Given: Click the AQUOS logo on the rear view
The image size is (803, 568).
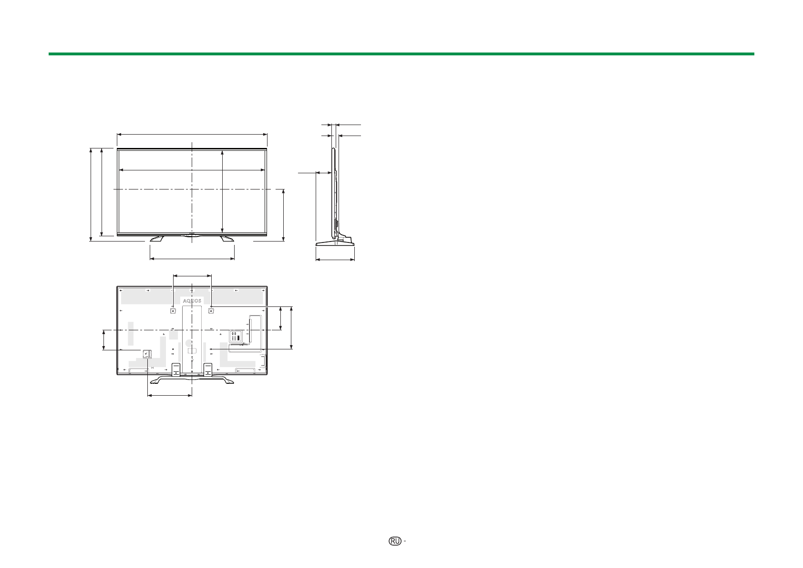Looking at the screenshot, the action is tap(192, 301).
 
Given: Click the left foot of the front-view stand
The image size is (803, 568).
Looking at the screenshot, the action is tap(157, 238).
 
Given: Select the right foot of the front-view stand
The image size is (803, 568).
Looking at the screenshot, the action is tap(227, 238).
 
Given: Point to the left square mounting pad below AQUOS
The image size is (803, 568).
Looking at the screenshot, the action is tap(173, 310).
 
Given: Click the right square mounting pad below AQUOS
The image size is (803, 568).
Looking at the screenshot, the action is tap(211, 310).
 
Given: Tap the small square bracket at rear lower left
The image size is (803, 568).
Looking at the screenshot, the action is tap(147, 354).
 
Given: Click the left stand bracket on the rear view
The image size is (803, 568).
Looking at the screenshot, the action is tap(175, 369).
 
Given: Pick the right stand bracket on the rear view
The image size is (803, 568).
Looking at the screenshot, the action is tap(208, 369).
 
